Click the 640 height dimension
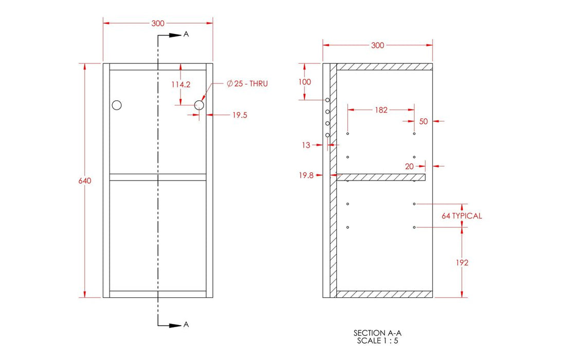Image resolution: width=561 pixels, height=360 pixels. coord(85,181)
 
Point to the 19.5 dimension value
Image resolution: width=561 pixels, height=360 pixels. coord(240,116)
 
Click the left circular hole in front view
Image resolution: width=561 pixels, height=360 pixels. coord(117,105)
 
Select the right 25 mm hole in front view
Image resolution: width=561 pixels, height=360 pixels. coord(200,105)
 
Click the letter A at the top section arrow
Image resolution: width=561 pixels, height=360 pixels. coord(186,34)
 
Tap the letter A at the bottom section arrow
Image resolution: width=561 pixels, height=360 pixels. coord(186,325)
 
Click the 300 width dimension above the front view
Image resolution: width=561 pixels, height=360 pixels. coord(158,23)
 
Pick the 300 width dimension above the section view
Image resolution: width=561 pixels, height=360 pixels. coord(377,45)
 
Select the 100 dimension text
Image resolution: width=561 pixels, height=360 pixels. coord(305,82)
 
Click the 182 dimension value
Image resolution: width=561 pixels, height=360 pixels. coord(381,110)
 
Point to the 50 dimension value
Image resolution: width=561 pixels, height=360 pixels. coord(424,121)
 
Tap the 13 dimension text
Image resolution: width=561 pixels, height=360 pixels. coord(306,146)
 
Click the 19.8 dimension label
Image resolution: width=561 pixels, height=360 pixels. coord(306,175)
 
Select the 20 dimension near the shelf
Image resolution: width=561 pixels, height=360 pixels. coord(409,166)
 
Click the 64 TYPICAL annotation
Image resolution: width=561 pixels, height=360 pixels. coord(461,216)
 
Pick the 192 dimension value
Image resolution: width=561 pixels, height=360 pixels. coord(462,263)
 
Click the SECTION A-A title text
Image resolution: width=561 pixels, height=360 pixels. coord(377,333)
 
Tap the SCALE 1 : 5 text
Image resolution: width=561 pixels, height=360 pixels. coord(377,340)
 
